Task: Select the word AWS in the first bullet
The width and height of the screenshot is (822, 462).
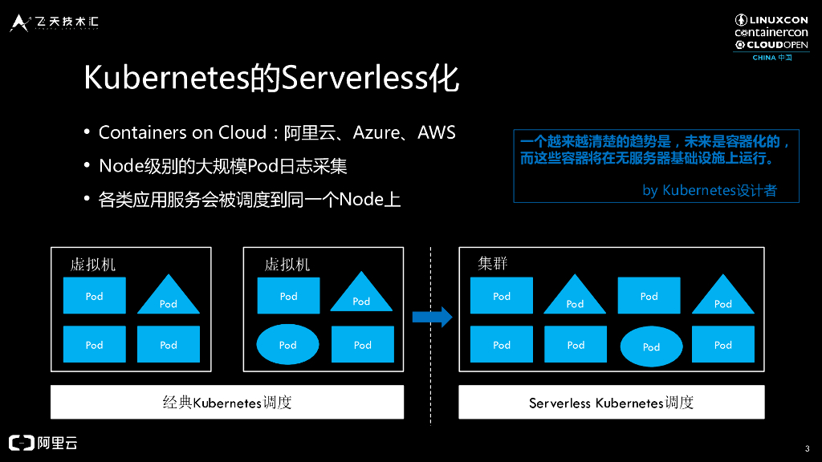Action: coord(437,132)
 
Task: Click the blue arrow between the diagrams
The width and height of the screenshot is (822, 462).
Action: coord(432,317)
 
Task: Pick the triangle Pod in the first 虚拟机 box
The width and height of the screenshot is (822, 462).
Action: coord(168,296)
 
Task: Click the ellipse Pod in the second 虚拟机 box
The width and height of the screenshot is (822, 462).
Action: coord(287,345)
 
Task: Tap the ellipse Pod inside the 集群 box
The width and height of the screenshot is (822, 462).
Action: coord(650,346)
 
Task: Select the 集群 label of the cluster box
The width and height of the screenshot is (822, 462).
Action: coord(492,264)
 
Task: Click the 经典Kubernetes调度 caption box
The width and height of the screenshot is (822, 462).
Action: coord(227,403)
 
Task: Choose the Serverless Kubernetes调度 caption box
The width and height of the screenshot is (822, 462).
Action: coord(611,403)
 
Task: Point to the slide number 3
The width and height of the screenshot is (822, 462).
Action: coord(806,448)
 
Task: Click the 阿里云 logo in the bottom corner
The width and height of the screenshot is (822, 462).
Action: coord(43,443)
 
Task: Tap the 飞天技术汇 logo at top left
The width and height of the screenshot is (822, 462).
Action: coord(55,22)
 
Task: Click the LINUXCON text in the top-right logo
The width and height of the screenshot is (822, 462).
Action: coord(778,19)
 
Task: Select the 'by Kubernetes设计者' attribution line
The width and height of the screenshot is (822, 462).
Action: coord(709,191)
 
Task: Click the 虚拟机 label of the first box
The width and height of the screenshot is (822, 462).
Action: coord(93,264)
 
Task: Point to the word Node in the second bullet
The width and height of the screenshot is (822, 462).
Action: coord(118,166)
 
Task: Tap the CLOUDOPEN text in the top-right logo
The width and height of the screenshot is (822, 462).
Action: coord(777,45)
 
